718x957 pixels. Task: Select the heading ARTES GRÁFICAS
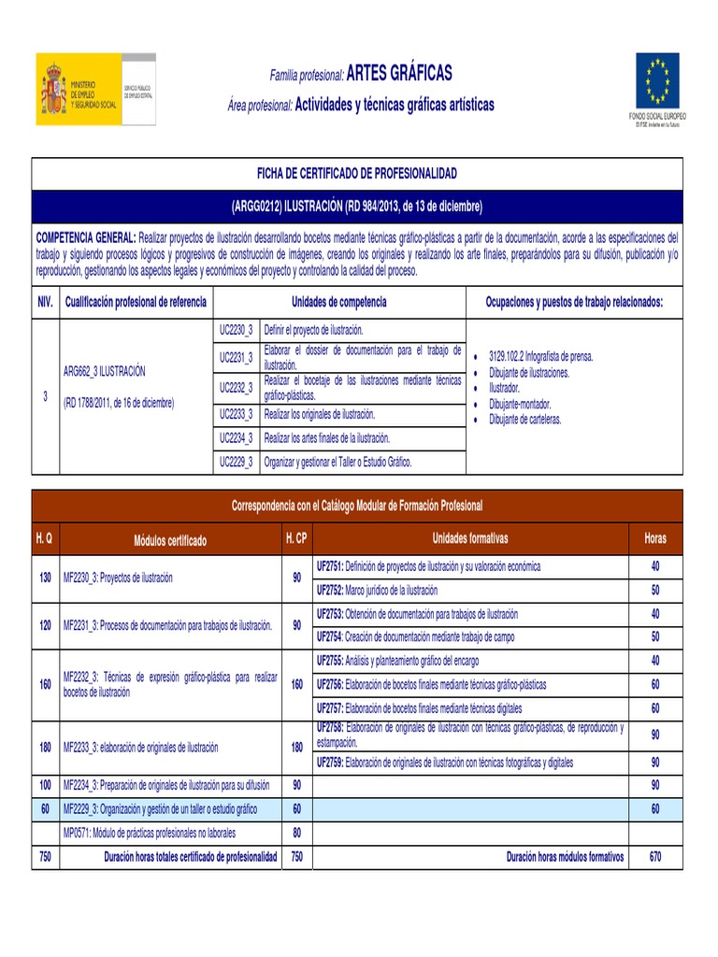[x=399, y=73]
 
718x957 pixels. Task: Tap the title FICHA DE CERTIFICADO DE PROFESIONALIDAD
[x=357, y=174]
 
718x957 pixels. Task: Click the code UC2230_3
[x=236, y=331]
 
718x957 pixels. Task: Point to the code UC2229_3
[x=236, y=462]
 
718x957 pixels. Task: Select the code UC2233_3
[x=236, y=413]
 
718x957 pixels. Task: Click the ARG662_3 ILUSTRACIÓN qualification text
[x=104, y=371]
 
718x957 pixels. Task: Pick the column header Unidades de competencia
[x=338, y=302]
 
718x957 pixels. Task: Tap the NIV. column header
[x=45, y=302]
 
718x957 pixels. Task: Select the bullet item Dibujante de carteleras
[x=525, y=420]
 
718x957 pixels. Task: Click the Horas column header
[x=655, y=539]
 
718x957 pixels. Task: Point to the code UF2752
[x=331, y=591]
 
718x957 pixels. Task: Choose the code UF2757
[x=331, y=707]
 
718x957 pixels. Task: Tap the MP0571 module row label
[x=149, y=832]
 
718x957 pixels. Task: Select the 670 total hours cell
[x=655, y=856]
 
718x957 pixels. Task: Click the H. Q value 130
[x=45, y=578]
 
